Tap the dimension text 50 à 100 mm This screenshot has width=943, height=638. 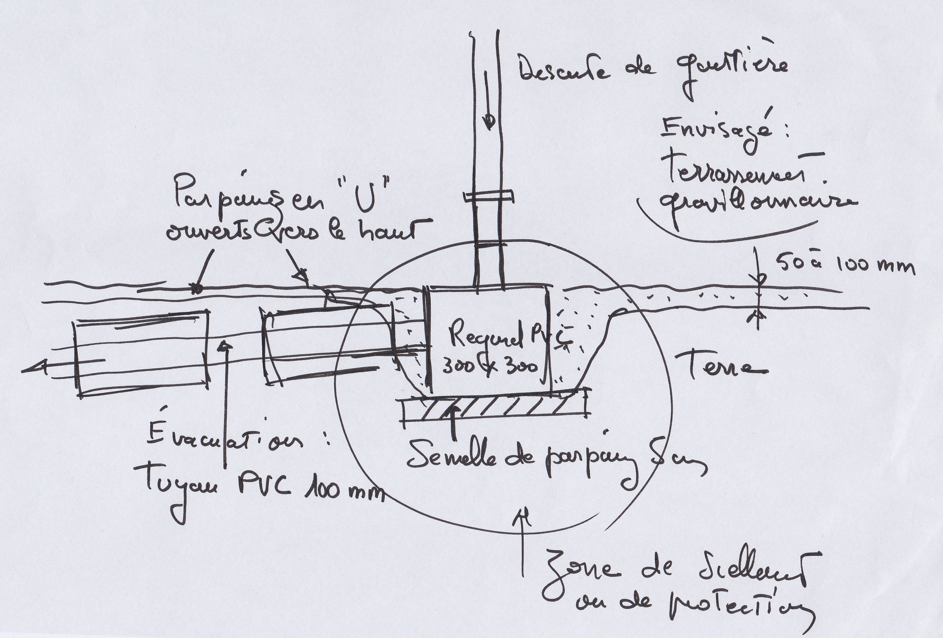[x=846, y=266]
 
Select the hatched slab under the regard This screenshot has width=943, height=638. [x=493, y=409]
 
